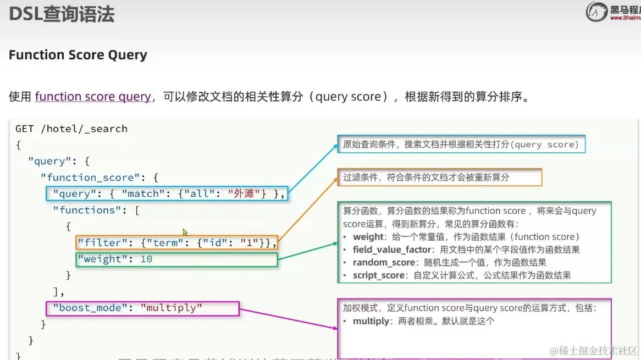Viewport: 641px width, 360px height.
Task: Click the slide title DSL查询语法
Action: pyautogui.click(x=62, y=13)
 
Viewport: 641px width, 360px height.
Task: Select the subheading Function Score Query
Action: pyautogui.click(x=78, y=55)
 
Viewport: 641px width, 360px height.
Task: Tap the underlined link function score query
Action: pyautogui.click(x=92, y=97)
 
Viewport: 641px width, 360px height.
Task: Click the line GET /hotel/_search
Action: pyautogui.click(x=71, y=129)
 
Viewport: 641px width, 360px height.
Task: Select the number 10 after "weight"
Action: pyautogui.click(x=146, y=259)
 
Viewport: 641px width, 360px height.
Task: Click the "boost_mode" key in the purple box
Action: pyautogui.click(x=87, y=308)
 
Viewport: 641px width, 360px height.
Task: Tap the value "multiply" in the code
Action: pyautogui.click(x=171, y=308)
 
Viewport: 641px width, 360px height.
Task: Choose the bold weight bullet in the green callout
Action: pyautogui.click(x=368, y=237)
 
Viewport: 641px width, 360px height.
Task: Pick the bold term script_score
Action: pyautogui.click(x=379, y=275)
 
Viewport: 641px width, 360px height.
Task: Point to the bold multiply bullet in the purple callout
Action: pyautogui.click(x=371, y=321)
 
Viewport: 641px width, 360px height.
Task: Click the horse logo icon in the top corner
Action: pyautogui.click(x=596, y=11)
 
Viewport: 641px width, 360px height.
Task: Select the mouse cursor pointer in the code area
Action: pyautogui.click(x=185, y=232)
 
